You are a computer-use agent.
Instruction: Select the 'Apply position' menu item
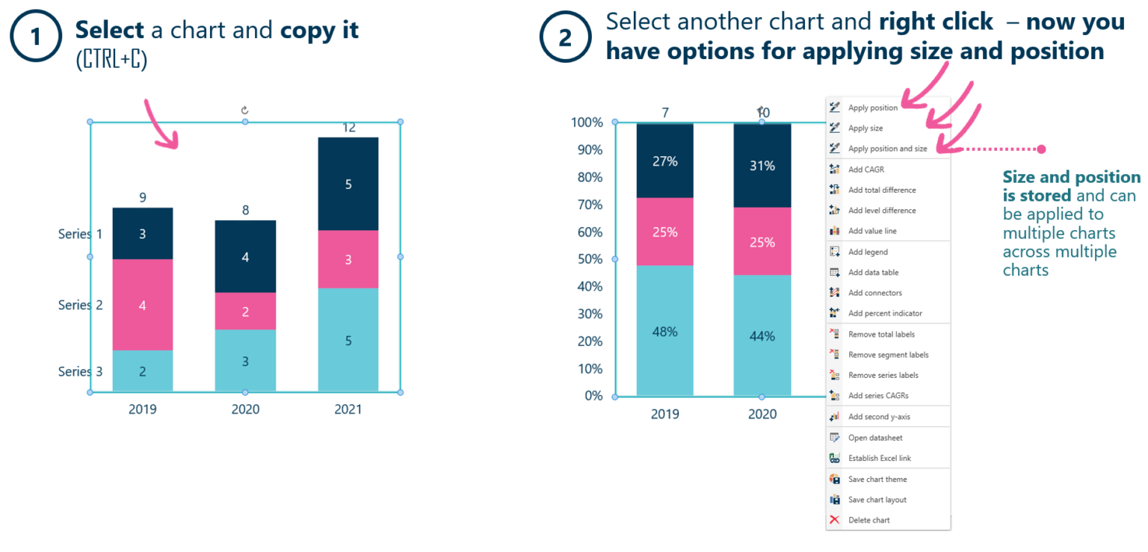click(x=873, y=108)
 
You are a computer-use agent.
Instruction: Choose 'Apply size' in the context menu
click(x=865, y=128)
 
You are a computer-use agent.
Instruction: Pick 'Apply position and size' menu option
click(x=887, y=149)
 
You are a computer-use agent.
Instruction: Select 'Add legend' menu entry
click(x=868, y=252)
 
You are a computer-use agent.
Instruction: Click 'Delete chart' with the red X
click(x=868, y=520)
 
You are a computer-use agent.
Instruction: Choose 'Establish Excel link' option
click(x=879, y=458)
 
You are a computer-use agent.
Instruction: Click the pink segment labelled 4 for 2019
click(x=143, y=305)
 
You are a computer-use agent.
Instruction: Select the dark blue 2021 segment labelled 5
click(x=348, y=184)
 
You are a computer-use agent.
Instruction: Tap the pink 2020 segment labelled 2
click(x=245, y=311)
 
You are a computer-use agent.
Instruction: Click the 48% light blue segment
click(x=664, y=331)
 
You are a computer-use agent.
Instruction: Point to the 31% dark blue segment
click(x=762, y=166)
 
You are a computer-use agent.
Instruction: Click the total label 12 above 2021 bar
click(x=348, y=127)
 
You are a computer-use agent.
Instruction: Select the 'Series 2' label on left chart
click(x=81, y=305)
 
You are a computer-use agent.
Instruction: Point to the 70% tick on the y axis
click(x=587, y=204)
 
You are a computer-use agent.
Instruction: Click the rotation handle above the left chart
click(x=244, y=110)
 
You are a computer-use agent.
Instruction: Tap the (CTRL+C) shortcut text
click(x=111, y=61)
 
